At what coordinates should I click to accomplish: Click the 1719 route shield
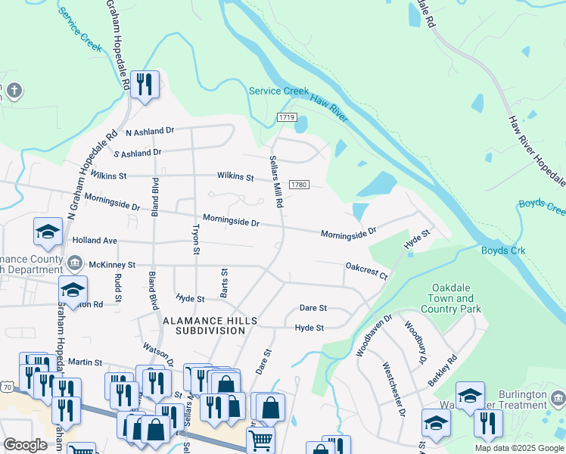(286, 117)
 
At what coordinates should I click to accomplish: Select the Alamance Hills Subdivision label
(210, 325)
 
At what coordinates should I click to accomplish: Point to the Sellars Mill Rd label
(275, 182)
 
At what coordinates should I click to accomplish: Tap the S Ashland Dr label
(137, 152)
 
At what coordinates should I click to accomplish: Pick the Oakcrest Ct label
(366, 270)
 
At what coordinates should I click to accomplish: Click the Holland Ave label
(95, 241)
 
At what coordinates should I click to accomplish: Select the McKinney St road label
(111, 265)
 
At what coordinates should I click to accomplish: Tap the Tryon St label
(196, 239)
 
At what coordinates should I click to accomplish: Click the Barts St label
(224, 281)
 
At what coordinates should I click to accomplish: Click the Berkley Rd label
(442, 371)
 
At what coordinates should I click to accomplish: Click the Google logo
(25, 445)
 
